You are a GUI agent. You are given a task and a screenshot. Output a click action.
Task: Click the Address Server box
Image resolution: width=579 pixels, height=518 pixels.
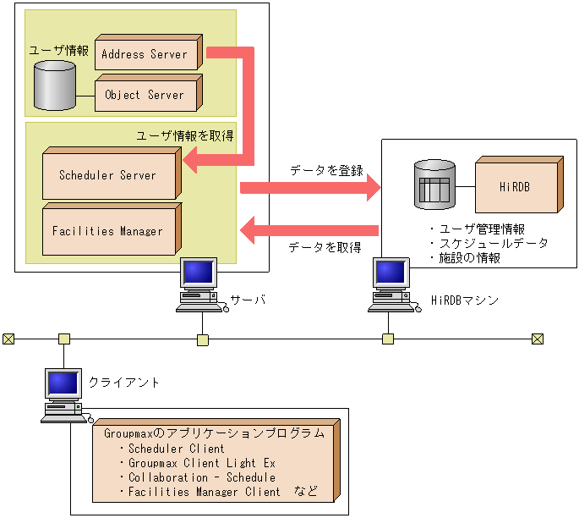click(x=145, y=54)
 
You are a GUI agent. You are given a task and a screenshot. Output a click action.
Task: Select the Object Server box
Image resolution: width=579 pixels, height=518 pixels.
click(x=145, y=95)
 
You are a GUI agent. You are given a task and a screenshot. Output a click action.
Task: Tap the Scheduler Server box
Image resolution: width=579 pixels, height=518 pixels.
click(x=108, y=175)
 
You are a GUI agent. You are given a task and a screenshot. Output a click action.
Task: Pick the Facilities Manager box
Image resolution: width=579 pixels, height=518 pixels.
click(x=108, y=231)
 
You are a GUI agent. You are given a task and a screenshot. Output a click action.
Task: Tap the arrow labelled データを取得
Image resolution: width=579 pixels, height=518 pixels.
click(x=309, y=229)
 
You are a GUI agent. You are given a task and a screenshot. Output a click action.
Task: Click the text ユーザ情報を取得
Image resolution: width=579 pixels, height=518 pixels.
click(x=184, y=135)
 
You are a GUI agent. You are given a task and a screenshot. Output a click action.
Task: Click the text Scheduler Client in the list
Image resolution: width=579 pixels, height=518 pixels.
click(x=176, y=449)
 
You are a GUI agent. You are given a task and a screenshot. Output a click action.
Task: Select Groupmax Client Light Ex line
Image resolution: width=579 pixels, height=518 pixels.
click(x=201, y=463)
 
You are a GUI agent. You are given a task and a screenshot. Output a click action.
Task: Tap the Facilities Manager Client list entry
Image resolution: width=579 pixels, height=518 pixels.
click(x=204, y=491)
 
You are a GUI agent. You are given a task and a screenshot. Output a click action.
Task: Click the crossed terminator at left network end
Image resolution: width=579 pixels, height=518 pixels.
click(x=8, y=339)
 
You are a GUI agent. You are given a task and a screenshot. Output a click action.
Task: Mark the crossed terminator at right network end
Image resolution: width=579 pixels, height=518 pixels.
click(x=537, y=339)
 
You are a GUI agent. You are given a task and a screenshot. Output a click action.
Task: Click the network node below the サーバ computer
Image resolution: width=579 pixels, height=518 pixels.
click(x=202, y=339)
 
